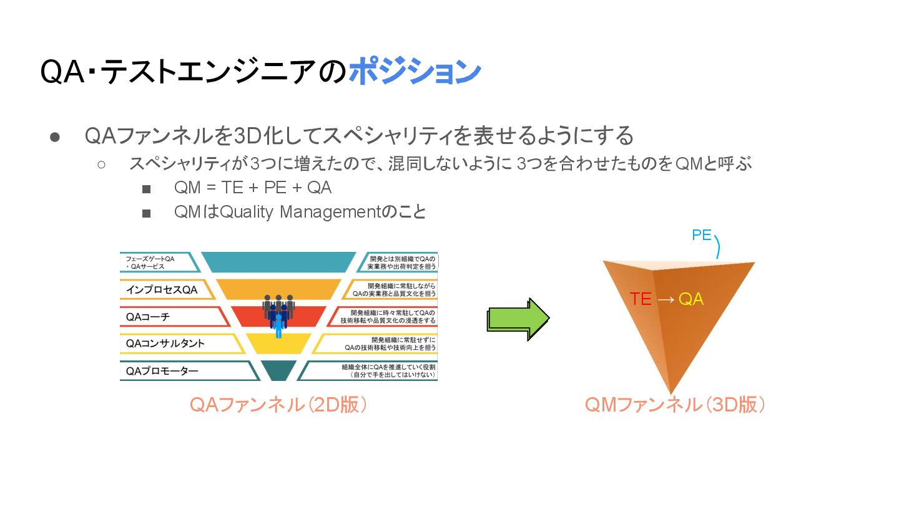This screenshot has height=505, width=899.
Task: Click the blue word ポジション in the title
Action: [x=415, y=72]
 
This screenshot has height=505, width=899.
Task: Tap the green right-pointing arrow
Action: [x=518, y=319]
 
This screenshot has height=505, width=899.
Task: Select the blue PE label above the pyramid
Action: [x=702, y=235]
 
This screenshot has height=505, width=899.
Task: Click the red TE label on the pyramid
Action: [x=641, y=299]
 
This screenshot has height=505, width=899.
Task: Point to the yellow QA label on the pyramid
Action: [x=691, y=299]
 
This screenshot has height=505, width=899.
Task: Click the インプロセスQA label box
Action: [x=162, y=289]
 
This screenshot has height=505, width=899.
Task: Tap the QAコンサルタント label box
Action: [x=165, y=343]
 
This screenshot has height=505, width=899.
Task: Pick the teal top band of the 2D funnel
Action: [x=278, y=262]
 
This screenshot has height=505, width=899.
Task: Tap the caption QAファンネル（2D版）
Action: [x=278, y=405]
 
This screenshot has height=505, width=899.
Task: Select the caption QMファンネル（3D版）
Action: [x=675, y=405]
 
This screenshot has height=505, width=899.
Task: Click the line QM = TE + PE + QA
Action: [x=253, y=188]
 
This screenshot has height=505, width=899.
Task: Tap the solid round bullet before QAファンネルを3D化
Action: [x=54, y=137]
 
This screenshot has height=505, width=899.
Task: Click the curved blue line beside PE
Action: [x=717, y=246]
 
